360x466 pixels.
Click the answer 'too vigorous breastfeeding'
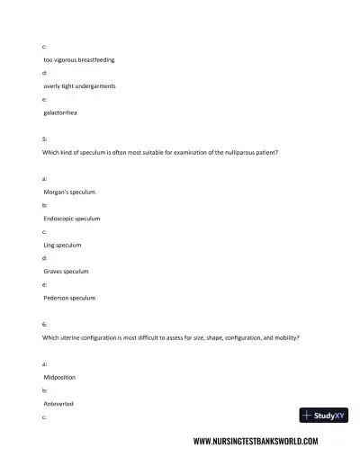coord(78,59)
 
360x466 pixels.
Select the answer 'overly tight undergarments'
coord(79,85)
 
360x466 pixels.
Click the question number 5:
coord(45,139)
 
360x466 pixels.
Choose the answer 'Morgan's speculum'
coord(69,193)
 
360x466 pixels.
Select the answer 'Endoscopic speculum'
coord(71,219)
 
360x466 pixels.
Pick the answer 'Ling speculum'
coord(62,245)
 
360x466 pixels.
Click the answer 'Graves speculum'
coord(66,271)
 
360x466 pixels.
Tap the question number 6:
coord(45,324)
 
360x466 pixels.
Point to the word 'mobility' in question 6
coord(285,337)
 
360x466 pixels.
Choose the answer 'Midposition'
coord(61,378)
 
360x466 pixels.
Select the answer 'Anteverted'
coord(58,404)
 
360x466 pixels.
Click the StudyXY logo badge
coord(323,415)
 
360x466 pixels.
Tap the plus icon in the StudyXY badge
coord(307,415)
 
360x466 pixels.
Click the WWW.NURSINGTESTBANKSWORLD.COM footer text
coord(256,442)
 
